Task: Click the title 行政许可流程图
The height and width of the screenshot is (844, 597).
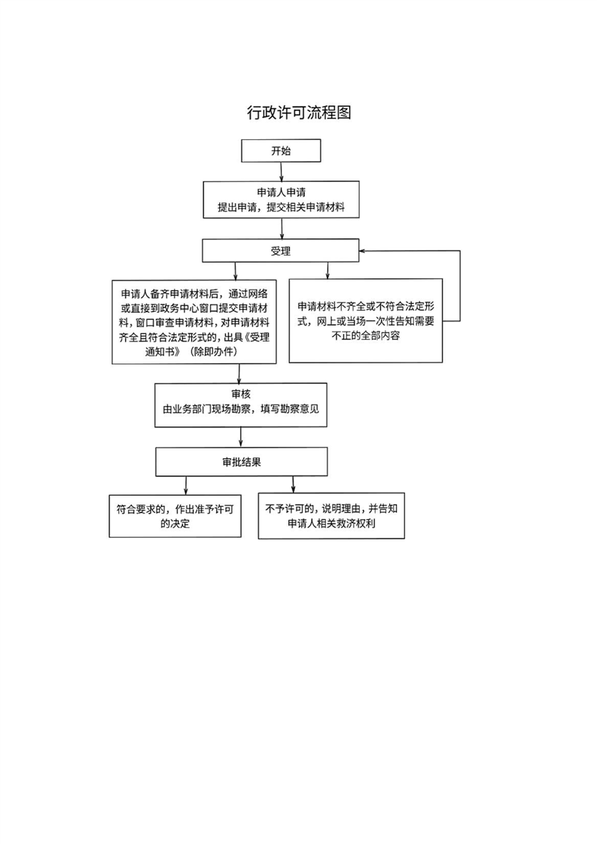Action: [x=299, y=113]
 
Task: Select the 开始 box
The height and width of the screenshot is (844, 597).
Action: [x=281, y=150]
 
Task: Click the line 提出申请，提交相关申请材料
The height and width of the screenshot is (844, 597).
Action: [x=281, y=208]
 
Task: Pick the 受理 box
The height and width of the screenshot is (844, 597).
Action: [x=281, y=251]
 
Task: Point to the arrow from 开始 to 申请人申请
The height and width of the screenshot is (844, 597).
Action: [x=281, y=171]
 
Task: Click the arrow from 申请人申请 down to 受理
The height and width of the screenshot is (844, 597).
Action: [x=281, y=229]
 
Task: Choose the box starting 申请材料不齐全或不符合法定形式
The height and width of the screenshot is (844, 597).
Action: [x=364, y=321]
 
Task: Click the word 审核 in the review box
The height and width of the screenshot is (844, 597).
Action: [x=241, y=395]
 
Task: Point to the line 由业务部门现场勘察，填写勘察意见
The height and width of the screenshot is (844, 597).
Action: [x=241, y=411]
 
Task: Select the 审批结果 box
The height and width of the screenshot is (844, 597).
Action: [x=241, y=463]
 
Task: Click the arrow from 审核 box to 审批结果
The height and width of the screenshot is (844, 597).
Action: [x=240, y=437]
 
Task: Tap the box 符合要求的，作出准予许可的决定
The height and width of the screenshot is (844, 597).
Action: [x=175, y=515]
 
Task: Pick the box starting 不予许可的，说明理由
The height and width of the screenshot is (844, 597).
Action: [x=330, y=515]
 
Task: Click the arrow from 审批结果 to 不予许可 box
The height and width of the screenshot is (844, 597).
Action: [x=293, y=485]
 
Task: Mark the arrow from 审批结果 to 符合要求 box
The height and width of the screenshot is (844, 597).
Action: [x=186, y=485]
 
